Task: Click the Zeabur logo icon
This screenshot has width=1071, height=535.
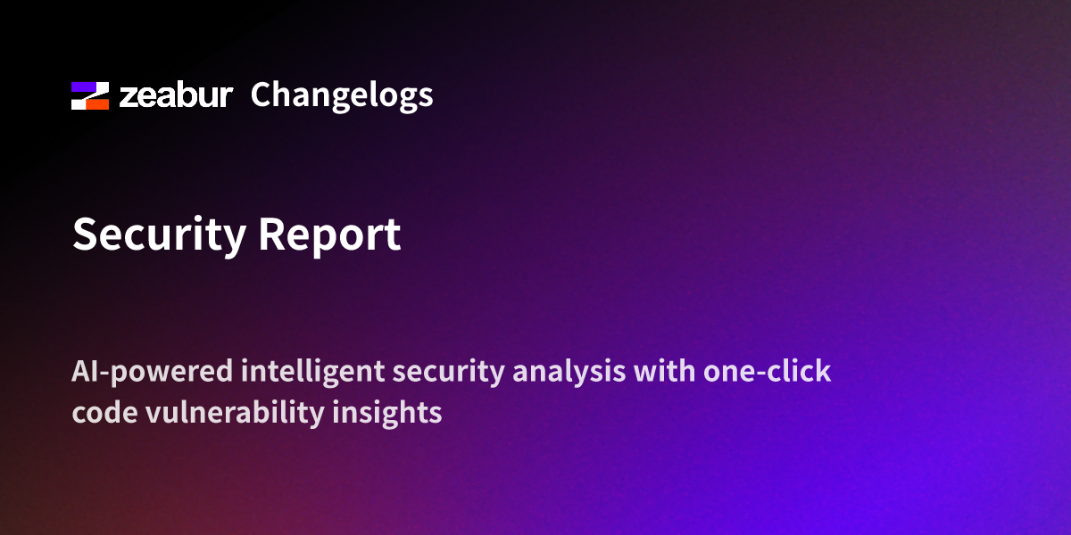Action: (x=90, y=95)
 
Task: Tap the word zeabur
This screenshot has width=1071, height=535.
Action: (x=176, y=95)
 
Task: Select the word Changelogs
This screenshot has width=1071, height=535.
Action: (x=342, y=96)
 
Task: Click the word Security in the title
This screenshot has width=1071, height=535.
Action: (x=159, y=235)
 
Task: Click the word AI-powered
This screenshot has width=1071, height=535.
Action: (x=152, y=372)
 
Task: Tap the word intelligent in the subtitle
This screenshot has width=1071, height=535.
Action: (x=312, y=372)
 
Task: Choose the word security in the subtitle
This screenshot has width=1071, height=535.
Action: (x=448, y=373)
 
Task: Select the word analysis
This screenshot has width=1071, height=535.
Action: (x=569, y=372)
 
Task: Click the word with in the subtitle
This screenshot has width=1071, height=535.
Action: (x=665, y=371)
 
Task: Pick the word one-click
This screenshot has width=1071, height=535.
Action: (x=768, y=371)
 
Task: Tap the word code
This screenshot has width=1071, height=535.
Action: (x=104, y=412)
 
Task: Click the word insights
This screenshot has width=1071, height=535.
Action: (x=387, y=413)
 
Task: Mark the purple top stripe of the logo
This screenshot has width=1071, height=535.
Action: (x=90, y=87)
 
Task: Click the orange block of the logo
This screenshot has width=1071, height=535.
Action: (x=97, y=104)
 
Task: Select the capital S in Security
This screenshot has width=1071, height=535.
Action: (x=85, y=234)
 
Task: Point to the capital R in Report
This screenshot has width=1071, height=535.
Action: (x=271, y=234)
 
